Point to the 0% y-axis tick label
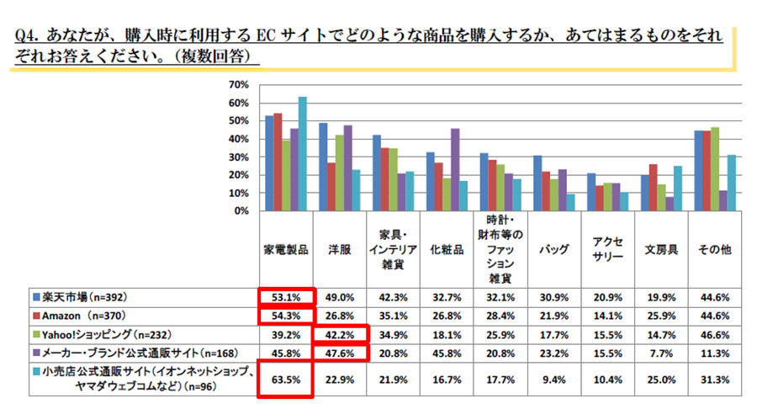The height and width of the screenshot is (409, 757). pos(239,211)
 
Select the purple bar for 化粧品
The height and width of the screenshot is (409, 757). pos(456,169)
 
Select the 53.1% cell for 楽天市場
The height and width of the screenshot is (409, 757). pos(286,297)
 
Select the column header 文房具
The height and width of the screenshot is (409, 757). pos(661,251)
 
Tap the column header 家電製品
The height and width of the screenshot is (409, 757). pos(286,251)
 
